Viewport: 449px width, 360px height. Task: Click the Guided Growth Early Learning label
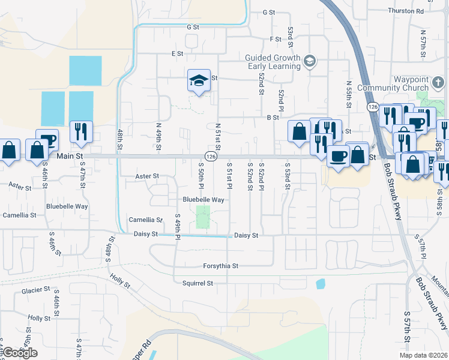click(x=273, y=62)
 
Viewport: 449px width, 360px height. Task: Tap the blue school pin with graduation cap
click(x=197, y=81)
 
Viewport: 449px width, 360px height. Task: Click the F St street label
click(x=276, y=39)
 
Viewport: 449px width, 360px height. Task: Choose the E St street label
click(x=176, y=53)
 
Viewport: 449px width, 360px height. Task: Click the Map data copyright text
click(x=423, y=355)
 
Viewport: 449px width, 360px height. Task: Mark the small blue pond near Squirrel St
click(x=321, y=283)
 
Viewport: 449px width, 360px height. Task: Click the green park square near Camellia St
click(x=203, y=217)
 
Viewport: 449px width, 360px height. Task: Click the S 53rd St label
click(x=288, y=176)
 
